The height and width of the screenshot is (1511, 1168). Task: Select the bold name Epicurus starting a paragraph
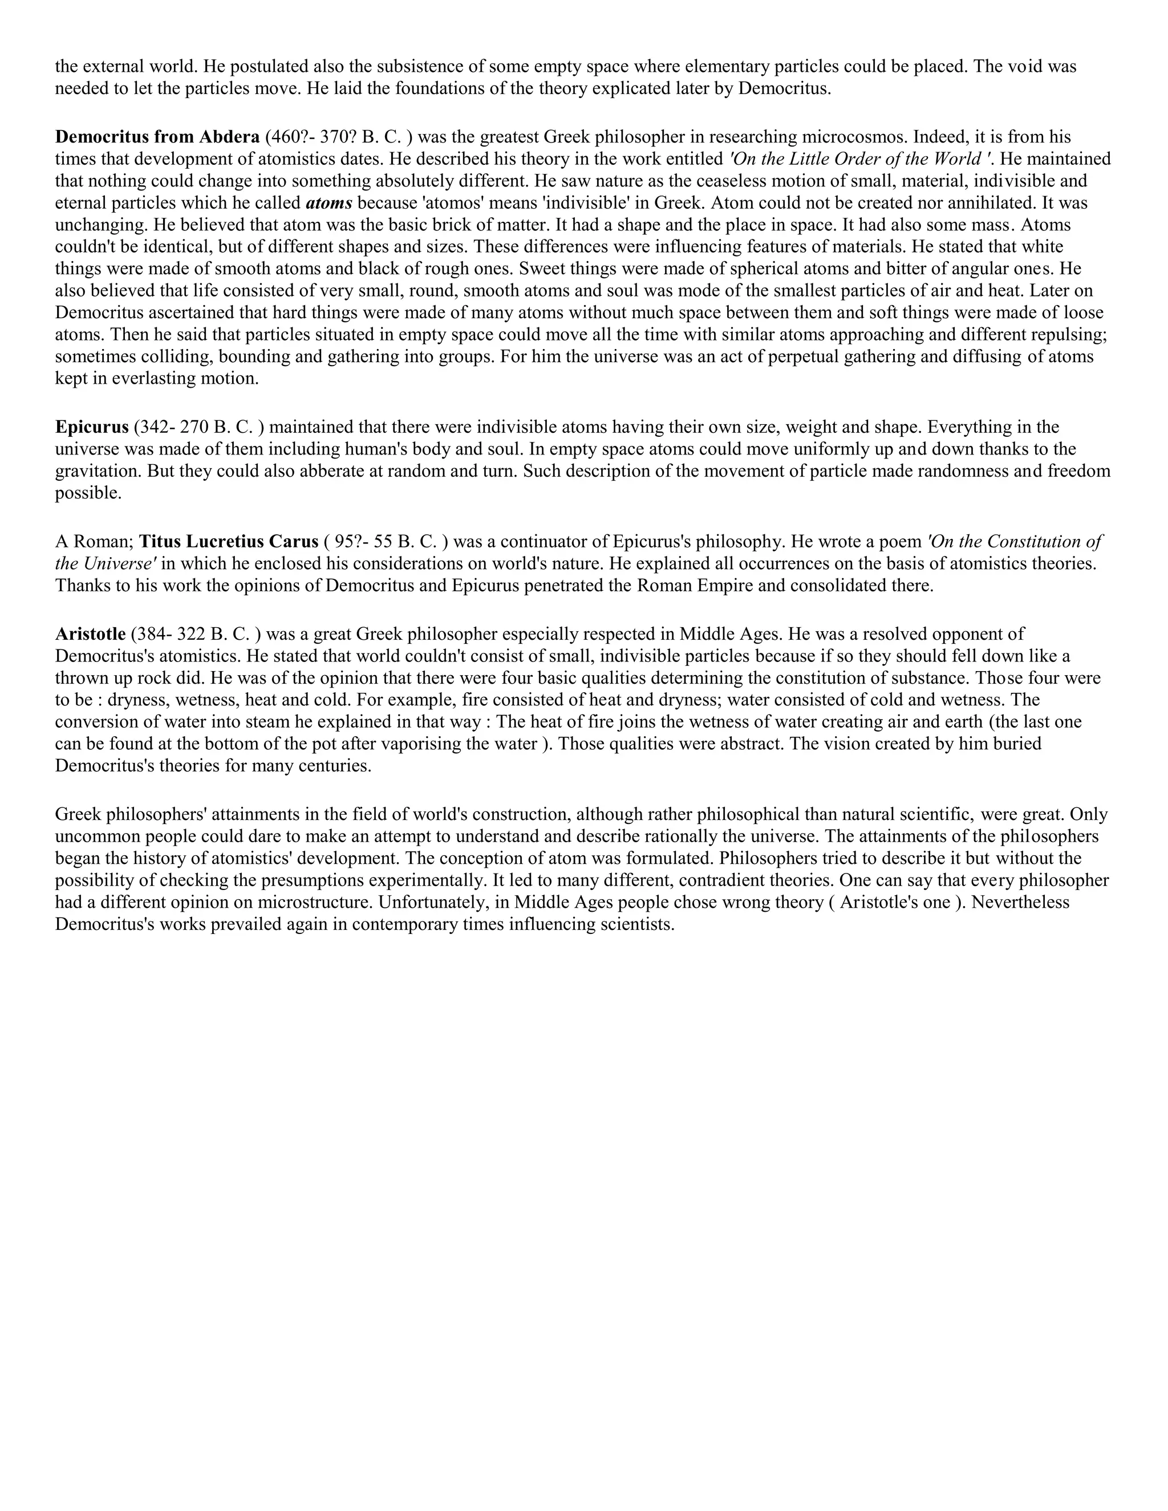(x=92, y=427)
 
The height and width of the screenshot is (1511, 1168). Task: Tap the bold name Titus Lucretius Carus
(x=229, y=542)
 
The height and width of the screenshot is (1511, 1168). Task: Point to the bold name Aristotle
(x=91, y=633)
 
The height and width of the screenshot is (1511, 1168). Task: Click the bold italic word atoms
(x=328, y=204)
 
